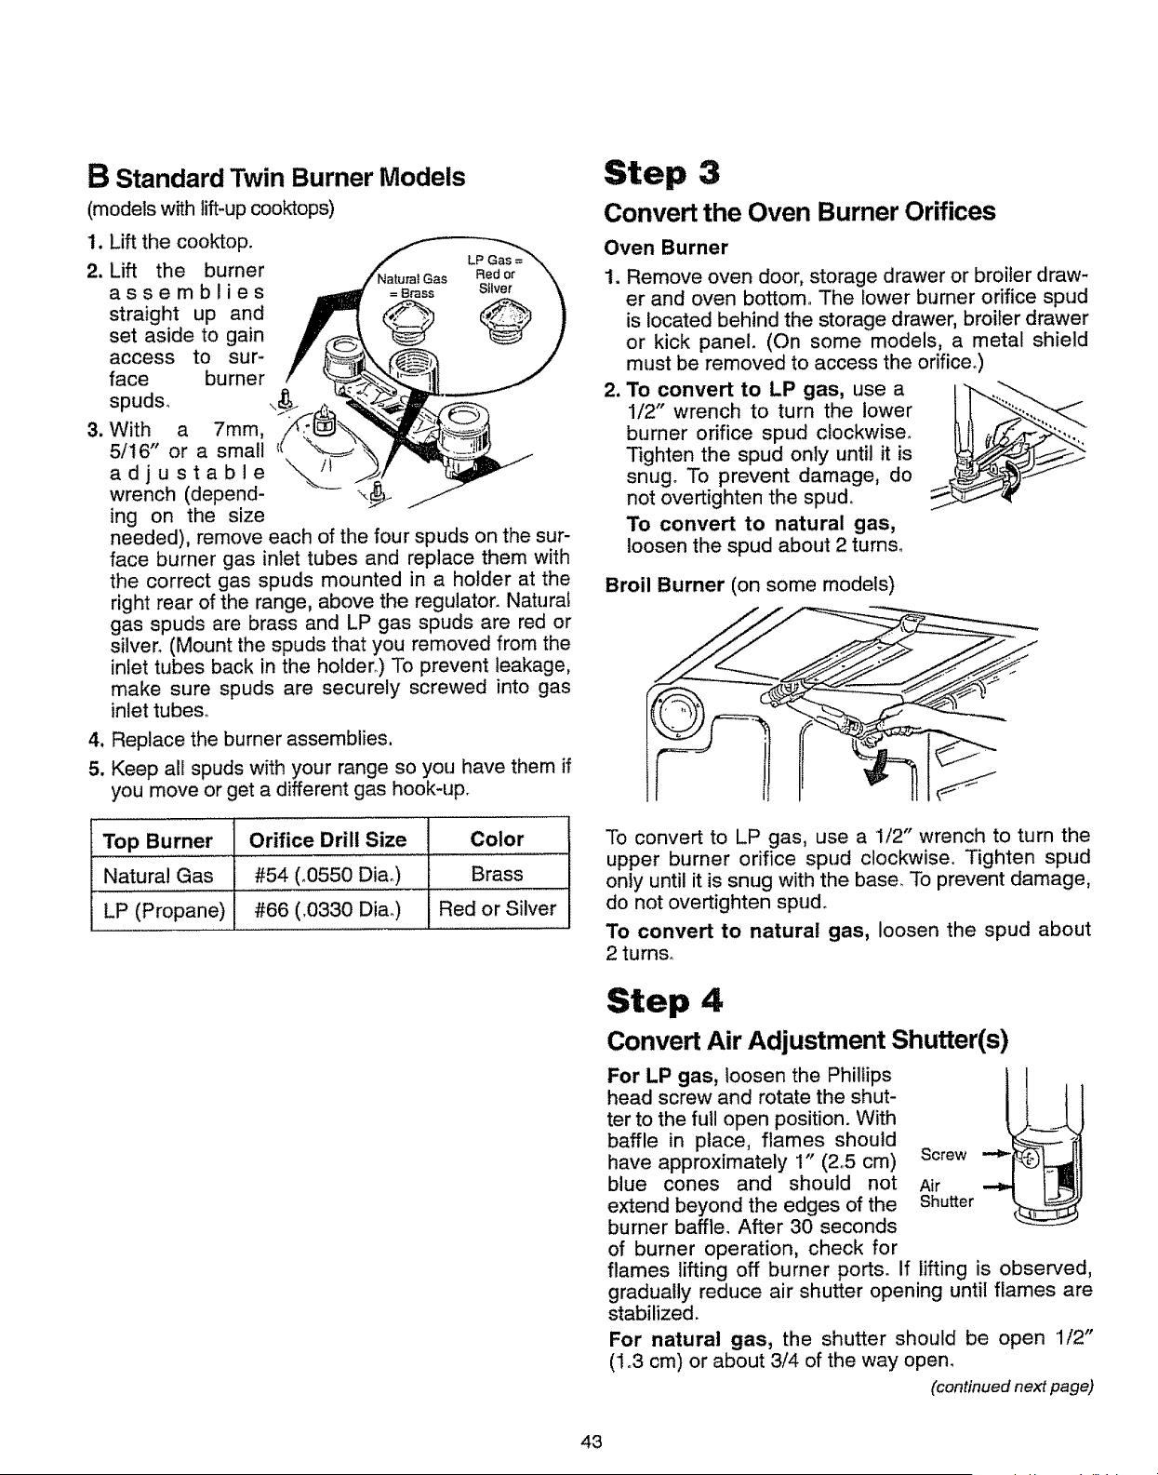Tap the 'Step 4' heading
click(664, 1001)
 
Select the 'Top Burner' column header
click(157, 841)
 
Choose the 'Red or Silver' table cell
click(498, 909)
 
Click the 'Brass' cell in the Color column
click(498, 874)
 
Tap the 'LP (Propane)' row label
click(164, 910)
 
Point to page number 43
click(592, 1441)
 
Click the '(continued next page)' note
click(1011, 1387)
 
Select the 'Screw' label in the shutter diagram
click(943, 1155)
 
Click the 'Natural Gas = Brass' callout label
click(412, 286)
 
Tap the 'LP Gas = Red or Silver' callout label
click(496, 275)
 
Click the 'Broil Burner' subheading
click(665, 585)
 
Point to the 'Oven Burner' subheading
click(665, 248)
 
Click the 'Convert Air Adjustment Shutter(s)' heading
click(807, 1039)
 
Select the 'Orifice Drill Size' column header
click(327, 840)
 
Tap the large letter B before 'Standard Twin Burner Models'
click(98, 177)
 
